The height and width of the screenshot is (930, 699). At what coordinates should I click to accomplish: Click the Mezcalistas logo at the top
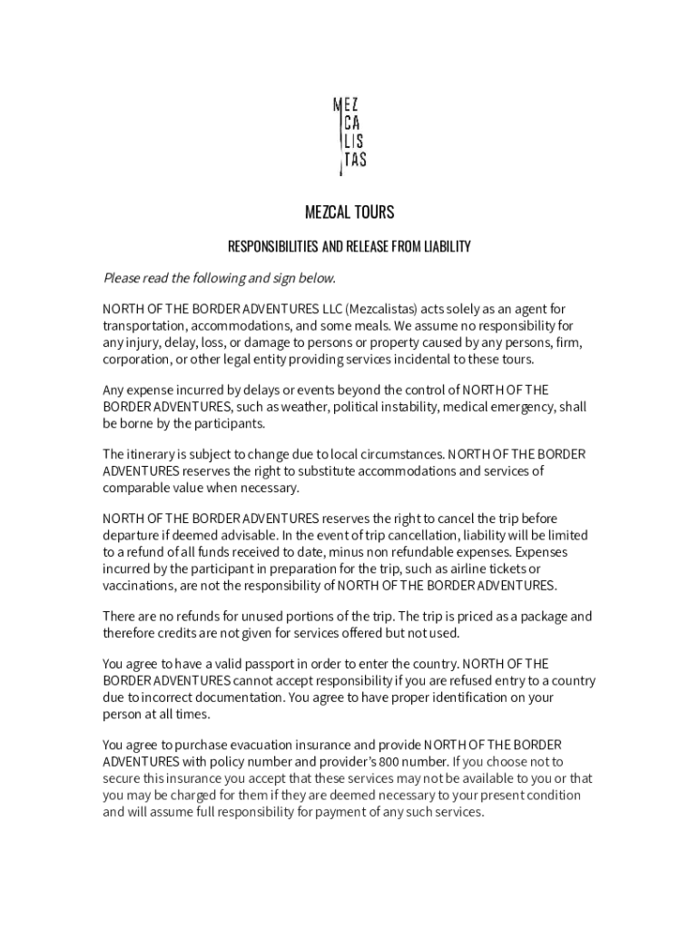(x=349, y=136)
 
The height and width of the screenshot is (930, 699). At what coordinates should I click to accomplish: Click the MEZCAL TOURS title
(x=349, y=213)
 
